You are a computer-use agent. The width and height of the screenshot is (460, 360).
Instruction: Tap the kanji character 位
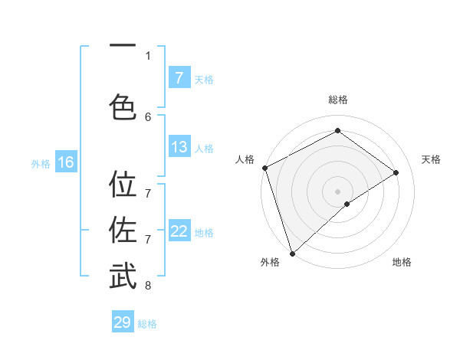pyautogui.click(x=123, y=185)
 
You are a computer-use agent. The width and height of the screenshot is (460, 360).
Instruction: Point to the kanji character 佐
pyautogui.click(x=123, y=230)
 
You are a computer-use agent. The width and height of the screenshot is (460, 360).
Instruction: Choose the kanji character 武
pyautogui.click(x=123, y=276)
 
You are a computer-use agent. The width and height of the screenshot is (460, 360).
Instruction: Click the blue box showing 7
pyautogui.click(x=179, y=77)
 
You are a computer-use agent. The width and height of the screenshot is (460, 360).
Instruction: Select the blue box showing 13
pyautogui.click(x=179, y=147)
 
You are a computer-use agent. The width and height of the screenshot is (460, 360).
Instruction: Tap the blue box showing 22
pyautogui.click(x=179, y=231)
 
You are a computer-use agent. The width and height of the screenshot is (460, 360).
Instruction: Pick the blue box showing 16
pyautogui.click(x=65, y=162)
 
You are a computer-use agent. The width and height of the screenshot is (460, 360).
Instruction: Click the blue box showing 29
pyautogui.click(x=123, y=322)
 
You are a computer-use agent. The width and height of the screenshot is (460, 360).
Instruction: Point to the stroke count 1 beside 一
pyautogui.click(x=148, y=55)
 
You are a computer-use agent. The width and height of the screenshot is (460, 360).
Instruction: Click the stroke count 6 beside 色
pyautogui.click(x=148, y=116)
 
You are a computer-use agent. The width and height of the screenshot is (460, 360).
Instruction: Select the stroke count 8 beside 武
pyautogui.click(x=148, y=286)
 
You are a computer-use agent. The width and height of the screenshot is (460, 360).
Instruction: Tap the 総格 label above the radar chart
pyautogui.click(x=338, y=100)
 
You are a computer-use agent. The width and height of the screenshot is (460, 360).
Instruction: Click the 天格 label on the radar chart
pyautogui.click(x=431, y=159)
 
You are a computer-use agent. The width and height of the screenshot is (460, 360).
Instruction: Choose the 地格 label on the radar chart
pyautogui.click(x=402, y=262)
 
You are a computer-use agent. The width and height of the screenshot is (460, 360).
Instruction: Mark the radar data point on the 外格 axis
pyautogui.click(x=291, y=253)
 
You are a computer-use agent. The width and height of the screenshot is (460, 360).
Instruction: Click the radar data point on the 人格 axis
pyautogui.click(x=264, y=168)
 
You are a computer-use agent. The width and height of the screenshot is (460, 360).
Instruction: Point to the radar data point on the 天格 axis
pyautogui.click(x=396, y=172)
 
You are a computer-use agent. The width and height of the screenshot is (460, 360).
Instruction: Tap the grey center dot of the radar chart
pyautogui.click(x=337, y=191)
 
